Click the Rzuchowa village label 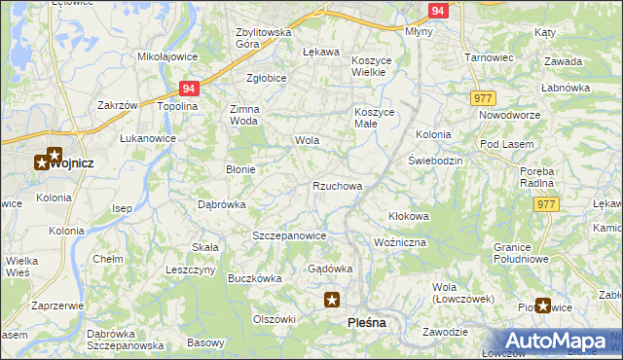[338, 186]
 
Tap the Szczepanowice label [288, 235]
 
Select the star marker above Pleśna [332, 301]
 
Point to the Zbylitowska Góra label [264, 38]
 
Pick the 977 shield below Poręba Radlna [546, 203]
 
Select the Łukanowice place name [148, 139]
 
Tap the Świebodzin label [434, 160]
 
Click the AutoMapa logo [554, 341]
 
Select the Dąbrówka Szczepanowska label [126, 340]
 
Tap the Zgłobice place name [266, 80]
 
